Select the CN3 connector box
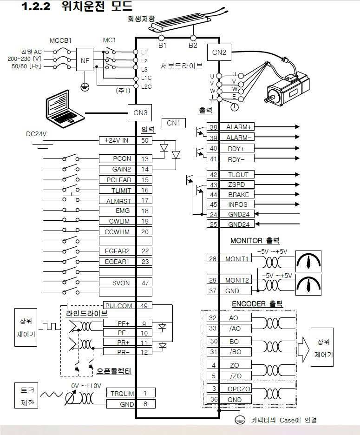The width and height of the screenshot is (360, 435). point(140,112)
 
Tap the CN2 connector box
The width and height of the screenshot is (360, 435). point(219,52)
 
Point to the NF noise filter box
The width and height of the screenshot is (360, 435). point(85,60)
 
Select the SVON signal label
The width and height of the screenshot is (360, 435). point(121,283)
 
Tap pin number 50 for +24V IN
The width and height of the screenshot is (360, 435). point(145,140)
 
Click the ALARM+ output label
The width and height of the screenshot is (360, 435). point(238,127)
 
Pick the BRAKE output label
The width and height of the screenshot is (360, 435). point(238,195)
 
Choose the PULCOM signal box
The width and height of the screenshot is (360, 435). point(118,305)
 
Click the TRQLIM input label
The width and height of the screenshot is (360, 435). point(122,393)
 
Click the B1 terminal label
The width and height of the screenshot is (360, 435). point(162,46)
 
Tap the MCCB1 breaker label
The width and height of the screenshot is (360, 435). point(60,40)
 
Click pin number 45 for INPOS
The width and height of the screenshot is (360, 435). point(213,204)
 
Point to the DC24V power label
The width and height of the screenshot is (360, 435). point(36,134)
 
